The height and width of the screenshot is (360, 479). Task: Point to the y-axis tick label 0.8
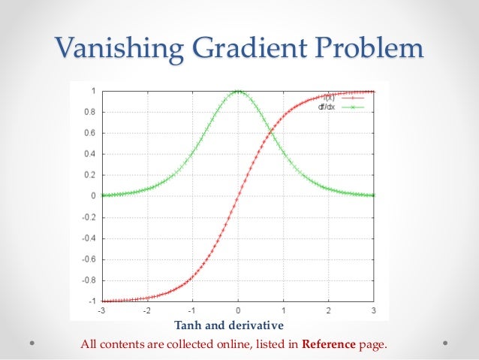[x=89, y=112]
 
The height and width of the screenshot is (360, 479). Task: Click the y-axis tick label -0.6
[x=87, y=259]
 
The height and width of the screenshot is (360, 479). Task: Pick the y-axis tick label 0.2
[x=89, y=174]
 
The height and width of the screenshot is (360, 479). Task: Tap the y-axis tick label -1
[x=90, y=301]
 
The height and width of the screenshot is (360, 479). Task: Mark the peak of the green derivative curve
[x=238, y=91]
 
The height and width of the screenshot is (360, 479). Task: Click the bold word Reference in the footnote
[x=327, y=345]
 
